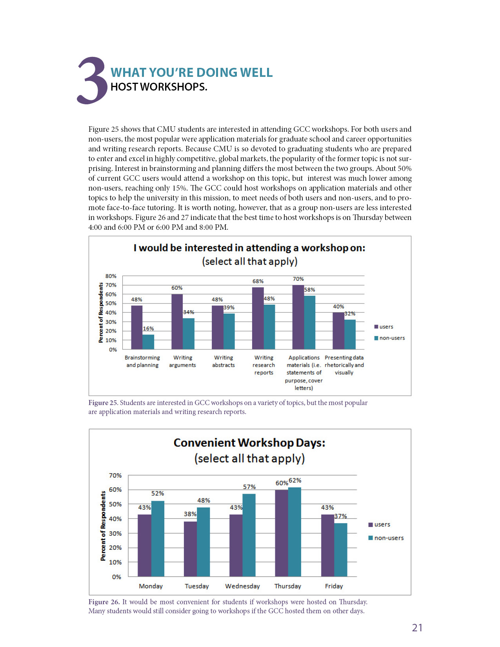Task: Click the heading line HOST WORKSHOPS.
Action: (159, 87)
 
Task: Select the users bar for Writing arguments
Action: (177, 322)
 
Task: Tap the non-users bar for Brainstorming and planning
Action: (148, 342)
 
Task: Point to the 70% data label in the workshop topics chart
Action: (298, 279)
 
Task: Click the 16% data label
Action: (148, 329)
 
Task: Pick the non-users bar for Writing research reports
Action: (269, 327)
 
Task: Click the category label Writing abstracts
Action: (224, 361)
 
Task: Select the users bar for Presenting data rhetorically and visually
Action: (338, 331)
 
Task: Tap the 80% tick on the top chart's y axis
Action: (111, 276)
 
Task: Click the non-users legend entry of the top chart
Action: (389, 338)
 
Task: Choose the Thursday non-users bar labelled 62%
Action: (295, 532)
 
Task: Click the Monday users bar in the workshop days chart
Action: (144, 545)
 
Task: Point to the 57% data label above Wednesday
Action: (249, 487)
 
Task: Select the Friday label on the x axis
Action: (334, 586)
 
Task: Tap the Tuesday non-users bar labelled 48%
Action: (204, 542)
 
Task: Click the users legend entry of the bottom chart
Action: (379, 524)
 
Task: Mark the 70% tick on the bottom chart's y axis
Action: (115, 476)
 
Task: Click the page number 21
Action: (417, 628)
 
